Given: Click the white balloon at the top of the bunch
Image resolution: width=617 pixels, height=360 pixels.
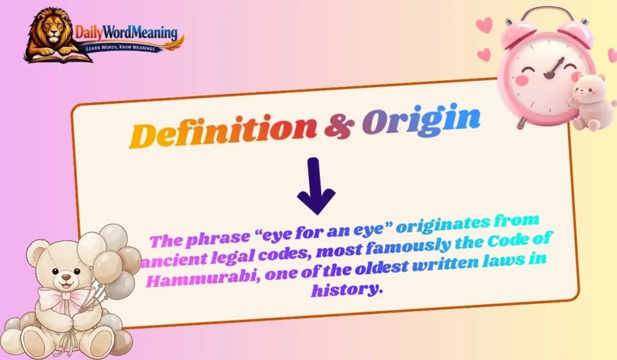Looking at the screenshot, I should (x=113, y=237).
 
